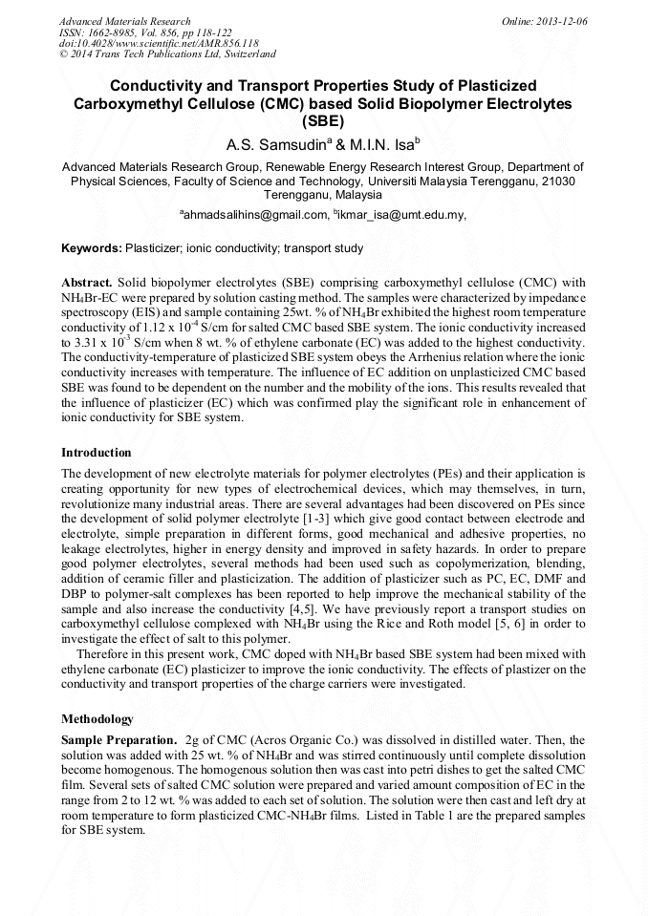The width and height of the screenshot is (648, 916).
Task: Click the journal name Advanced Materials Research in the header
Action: (x=125, y=21)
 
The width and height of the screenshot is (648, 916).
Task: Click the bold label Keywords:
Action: (x=92, y=248)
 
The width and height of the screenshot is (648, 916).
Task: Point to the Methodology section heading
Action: (x=97, y=718)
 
